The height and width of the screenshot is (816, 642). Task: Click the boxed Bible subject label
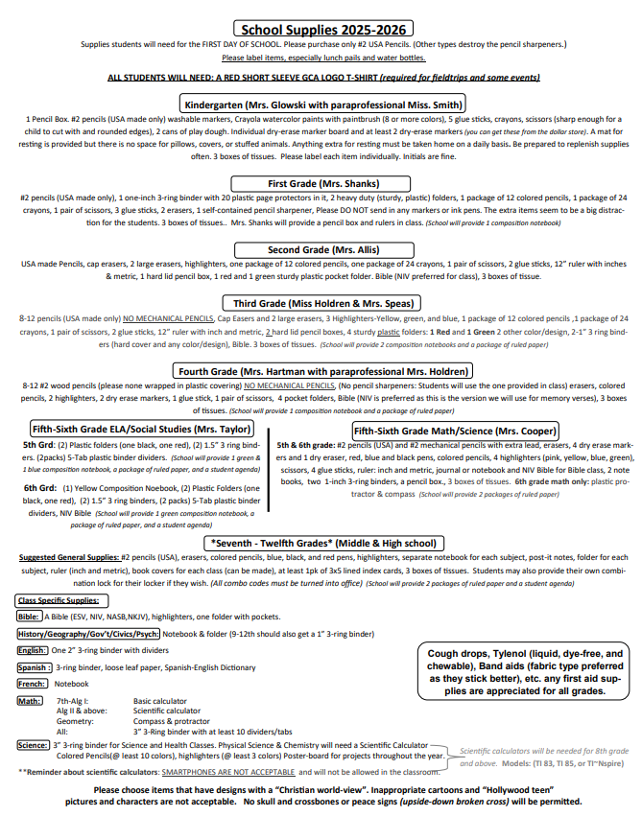click(30, 617)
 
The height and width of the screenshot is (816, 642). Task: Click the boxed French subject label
click(33, 684)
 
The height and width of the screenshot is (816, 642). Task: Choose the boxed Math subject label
click(30, 701)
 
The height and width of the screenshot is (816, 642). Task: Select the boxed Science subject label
click(34, 744)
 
